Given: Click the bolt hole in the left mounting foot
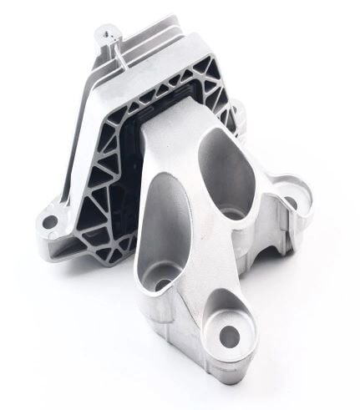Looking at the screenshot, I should (50, 222).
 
